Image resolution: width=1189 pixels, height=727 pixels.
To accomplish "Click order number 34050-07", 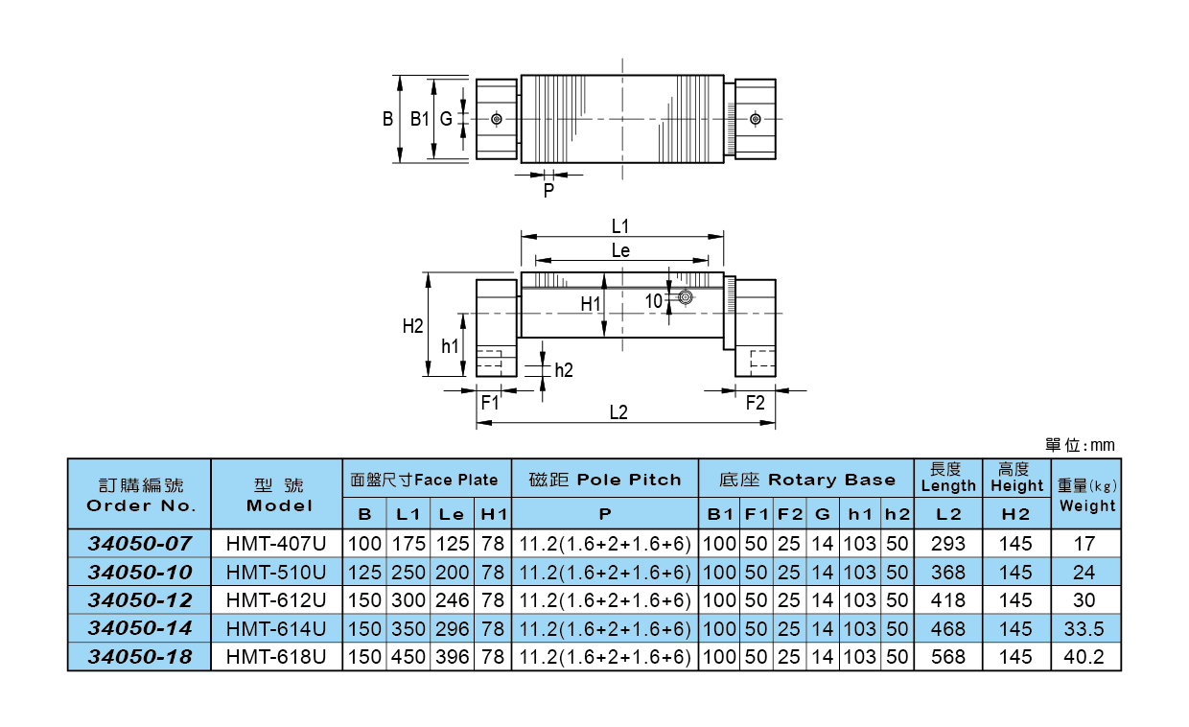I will coord(140,543).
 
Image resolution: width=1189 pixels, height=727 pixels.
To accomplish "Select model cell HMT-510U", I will coord(276,572).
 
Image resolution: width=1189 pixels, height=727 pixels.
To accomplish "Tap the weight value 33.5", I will coord(1084,629).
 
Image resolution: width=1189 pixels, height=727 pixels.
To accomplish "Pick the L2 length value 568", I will coord(948,658).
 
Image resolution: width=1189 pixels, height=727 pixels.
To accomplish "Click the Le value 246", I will coord(453,600).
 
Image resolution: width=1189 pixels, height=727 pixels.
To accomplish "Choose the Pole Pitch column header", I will coord(605,480).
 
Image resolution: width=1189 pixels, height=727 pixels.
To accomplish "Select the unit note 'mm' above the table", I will coord(1103,446).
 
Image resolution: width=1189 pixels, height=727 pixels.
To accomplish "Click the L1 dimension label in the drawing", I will coord(620,225).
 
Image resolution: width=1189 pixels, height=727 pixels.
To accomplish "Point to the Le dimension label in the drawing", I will coord(620,250).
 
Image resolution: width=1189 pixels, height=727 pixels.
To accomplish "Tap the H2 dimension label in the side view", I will coord(412,326).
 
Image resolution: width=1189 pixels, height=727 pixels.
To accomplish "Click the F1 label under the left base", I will coord(490,402).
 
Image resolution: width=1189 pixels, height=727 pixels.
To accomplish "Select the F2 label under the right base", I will coord(756,402).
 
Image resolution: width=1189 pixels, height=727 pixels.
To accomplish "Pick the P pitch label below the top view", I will coord(548,191).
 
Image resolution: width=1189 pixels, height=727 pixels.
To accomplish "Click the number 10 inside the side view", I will coord(654,300).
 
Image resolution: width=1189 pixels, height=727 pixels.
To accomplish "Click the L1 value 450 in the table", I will coord(408,658).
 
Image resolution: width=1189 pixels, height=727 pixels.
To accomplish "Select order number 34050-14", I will coord(140,629).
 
